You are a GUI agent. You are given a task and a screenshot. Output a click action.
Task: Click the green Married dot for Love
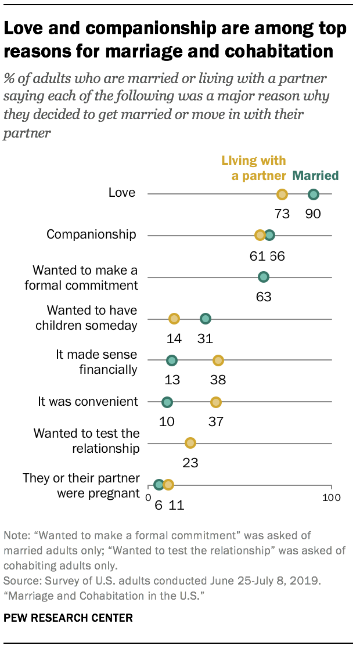314,194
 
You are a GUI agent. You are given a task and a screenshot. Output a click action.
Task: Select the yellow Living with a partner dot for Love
282,194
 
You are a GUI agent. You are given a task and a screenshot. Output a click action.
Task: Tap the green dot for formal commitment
264,277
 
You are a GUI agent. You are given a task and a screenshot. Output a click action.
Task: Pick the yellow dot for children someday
174,318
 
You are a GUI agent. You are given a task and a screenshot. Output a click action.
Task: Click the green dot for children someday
205,318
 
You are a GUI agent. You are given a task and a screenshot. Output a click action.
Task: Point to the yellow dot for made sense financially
218,360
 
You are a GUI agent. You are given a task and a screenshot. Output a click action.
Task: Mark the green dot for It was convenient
167,402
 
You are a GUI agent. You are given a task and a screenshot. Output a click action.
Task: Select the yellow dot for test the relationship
190,443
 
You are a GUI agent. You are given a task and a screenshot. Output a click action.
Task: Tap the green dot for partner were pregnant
159,484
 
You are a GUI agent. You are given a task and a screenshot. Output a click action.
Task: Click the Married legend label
316,175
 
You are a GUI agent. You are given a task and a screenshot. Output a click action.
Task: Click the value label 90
314,214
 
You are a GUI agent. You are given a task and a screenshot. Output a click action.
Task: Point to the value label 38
218,380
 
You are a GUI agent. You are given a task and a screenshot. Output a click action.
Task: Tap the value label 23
190,463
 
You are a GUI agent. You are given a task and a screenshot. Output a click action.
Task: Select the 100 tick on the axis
332,497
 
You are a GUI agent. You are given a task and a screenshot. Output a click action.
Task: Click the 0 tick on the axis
149,497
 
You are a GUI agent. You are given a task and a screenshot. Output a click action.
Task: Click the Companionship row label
91,235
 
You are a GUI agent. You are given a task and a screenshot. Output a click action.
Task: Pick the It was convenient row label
88,401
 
